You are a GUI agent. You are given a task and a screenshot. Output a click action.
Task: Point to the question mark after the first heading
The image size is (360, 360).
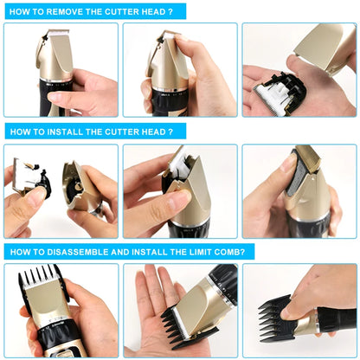pos(170,12)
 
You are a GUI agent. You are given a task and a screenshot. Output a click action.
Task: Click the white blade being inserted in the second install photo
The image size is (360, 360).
pos(179,162)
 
